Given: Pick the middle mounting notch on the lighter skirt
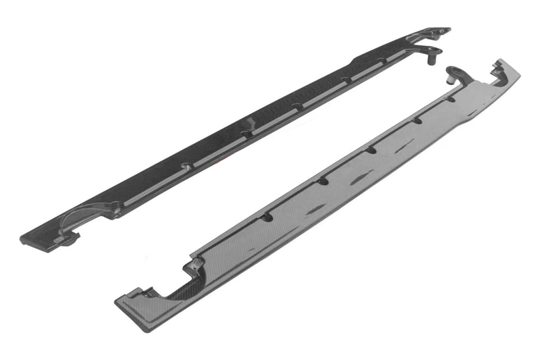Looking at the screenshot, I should [x=371, y=151].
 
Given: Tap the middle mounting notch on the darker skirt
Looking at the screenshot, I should [x=296, y=107].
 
